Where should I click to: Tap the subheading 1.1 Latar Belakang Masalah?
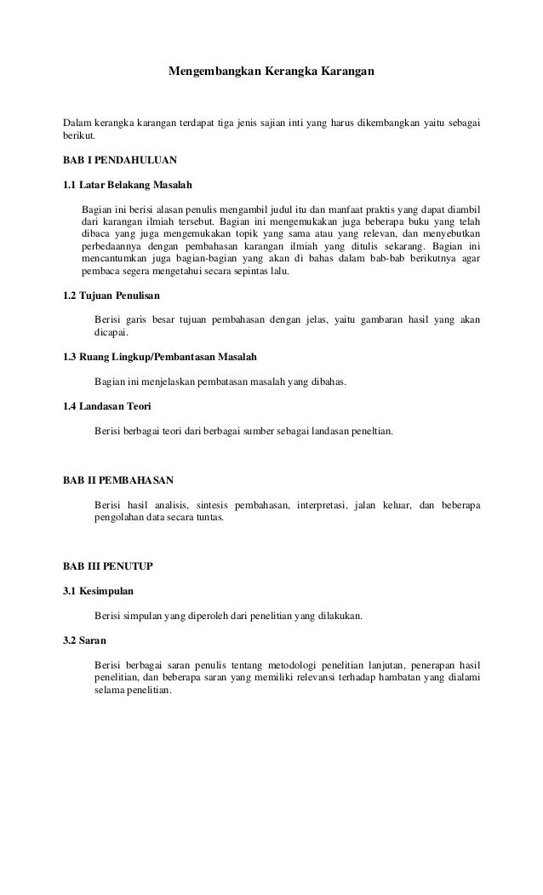pyautogui.click(x=128, y=185)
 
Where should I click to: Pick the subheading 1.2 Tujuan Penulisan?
pyautogui.click(x=111, y=295)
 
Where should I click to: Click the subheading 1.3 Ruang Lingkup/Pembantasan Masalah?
pyautogui.click(x=160, y=357)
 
